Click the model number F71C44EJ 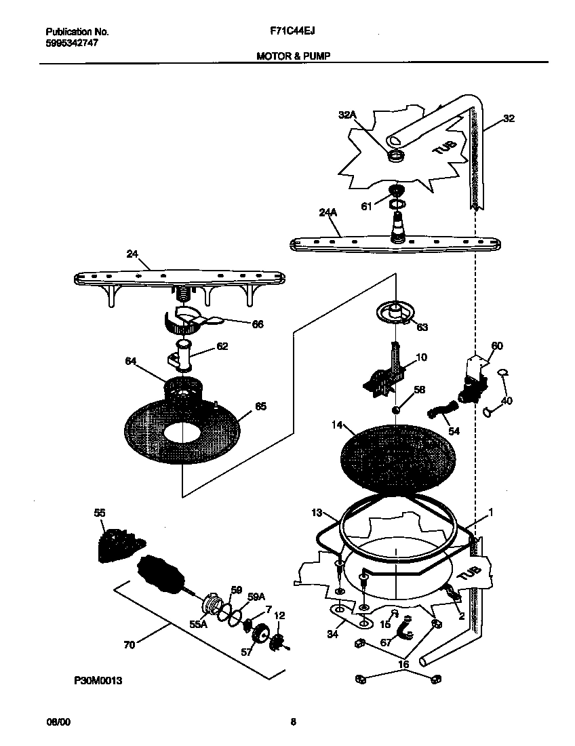click(294, 31)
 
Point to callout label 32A click(347, 116)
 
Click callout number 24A click(328, 212)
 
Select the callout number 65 click(260, 406)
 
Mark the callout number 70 click(129, 645)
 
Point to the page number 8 click(293, 722)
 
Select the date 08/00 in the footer click(58, 722)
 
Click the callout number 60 click(496, 346)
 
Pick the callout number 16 click(403, 665)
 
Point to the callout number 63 click(422, 327)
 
